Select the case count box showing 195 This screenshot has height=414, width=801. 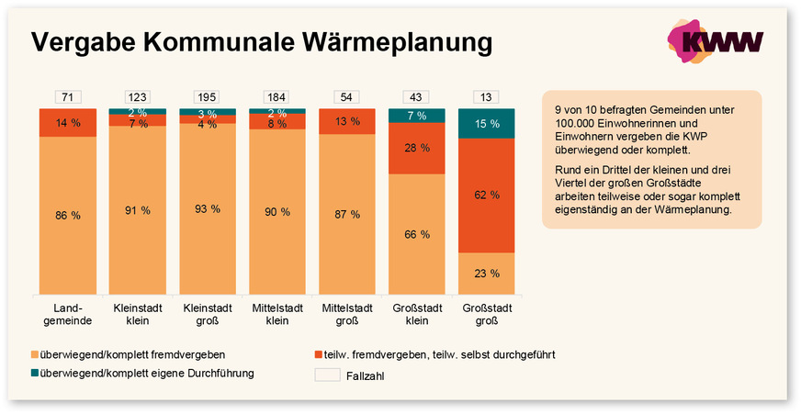(x=207, y=97)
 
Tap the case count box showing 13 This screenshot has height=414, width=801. (x=486, y=97)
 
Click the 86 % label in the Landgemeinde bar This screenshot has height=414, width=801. (x=68, y=216)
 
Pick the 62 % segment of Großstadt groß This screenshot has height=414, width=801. (x=486, y=195)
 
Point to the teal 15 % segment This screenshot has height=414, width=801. (x=486, y=124)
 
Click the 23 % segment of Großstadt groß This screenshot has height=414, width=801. (x=486, y=274)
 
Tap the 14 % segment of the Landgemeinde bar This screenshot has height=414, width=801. (x=68, y=123)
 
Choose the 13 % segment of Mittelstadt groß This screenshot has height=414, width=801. (x=346, y=121)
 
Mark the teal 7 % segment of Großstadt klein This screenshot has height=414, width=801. (x=416, y=116)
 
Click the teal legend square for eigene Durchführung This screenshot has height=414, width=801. (x=35, y=374)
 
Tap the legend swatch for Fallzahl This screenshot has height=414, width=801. (x=327, y=375)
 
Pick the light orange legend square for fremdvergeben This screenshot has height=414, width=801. (x=35, y=353)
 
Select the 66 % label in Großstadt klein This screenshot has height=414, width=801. (x=416, y=234)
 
